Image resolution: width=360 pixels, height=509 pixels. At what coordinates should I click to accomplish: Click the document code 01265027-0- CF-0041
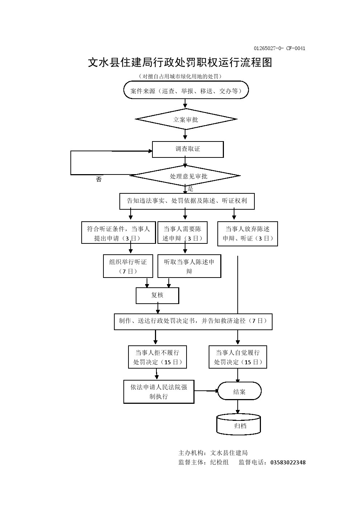279,48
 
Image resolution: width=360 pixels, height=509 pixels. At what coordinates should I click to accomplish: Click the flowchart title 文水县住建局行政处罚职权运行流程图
180,62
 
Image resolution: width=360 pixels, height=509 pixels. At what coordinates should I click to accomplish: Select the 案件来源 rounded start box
186,91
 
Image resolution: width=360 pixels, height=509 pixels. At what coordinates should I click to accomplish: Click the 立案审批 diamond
186,119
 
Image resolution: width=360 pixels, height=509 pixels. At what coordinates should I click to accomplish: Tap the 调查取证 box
188,149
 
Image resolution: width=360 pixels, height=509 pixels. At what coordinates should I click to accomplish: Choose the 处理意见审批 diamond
185,176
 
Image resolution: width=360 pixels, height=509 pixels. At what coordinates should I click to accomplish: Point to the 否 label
99,180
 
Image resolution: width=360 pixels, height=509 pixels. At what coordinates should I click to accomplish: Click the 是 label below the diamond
191,189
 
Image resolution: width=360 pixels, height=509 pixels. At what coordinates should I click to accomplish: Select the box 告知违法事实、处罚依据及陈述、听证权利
187,201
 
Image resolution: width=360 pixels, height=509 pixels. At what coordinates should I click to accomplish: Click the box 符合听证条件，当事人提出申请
118,233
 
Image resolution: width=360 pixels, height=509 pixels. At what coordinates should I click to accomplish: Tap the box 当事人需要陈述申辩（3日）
182,233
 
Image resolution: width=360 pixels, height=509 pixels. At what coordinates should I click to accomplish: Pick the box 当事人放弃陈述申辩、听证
247,234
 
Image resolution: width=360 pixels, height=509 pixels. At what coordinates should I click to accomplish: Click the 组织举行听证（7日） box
128,266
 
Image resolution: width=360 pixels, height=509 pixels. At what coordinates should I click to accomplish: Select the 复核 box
157,295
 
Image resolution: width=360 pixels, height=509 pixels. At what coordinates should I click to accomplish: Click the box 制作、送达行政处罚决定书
193,321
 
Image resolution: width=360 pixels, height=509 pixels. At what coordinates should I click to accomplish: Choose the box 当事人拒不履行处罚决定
157,357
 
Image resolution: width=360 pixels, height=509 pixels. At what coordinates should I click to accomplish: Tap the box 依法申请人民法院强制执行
159,391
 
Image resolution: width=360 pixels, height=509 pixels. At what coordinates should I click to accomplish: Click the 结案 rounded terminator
239,391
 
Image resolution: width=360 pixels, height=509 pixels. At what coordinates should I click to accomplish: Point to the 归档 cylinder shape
239,425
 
